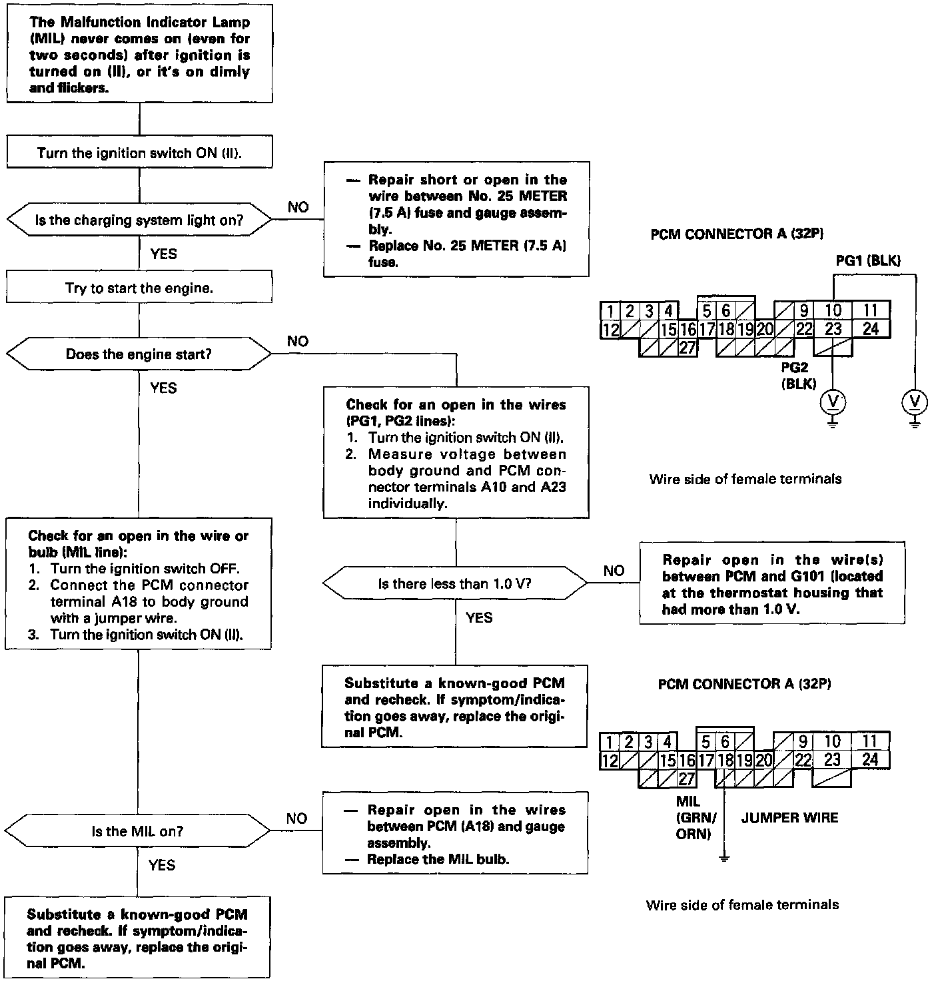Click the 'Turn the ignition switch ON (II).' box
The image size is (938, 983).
coord(139,153)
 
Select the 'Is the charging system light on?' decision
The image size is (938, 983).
coord(139,220)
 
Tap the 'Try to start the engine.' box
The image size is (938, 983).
coord(139,288)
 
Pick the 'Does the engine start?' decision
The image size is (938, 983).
coord(139,354)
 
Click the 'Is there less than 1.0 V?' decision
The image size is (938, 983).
coord(455,584)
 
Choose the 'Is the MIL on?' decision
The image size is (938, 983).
coord(137,831)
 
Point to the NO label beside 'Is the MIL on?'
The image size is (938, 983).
coord(296,819)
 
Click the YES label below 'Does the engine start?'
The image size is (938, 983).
coord(163,388)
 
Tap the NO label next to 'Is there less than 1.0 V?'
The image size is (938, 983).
coord(614,571)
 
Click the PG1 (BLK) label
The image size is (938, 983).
coord(868,261)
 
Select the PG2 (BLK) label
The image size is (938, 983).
coord(799,376)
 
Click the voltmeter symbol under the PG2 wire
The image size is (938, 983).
coord(833,401)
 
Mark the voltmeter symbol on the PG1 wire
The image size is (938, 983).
coord(915,401)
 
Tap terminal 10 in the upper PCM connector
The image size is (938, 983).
coord(833,310)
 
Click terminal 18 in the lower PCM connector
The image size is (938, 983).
coord(725,760)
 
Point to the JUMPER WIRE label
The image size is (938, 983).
coord(789,818)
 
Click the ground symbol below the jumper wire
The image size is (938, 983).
coord(725,858)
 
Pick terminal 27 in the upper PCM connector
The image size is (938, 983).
coord(687,347)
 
